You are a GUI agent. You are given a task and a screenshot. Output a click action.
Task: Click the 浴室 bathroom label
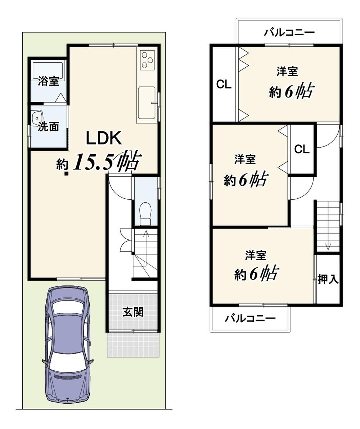coord(48,81)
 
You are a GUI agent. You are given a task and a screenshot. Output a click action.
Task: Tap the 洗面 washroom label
coord(48,126)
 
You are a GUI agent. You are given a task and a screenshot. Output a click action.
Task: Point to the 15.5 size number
coord(93,162)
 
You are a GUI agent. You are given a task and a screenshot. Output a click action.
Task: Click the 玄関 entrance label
coord(133,312)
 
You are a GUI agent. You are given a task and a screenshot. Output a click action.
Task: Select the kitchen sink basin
coord(147,103)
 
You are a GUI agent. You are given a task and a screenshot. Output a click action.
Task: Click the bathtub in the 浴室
coord(48,71)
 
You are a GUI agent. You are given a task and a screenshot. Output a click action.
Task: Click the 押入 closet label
coord(328,279)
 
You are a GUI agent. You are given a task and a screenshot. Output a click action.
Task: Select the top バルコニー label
coord(289,33)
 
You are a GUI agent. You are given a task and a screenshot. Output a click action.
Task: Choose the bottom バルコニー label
coord(250,319)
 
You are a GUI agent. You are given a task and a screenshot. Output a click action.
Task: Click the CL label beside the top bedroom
coord(224,85)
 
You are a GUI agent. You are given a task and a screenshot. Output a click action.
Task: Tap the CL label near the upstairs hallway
coord(302,149)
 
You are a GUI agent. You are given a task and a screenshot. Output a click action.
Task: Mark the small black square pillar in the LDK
coord(66,173)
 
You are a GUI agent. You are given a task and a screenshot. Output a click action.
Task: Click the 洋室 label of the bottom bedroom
coord(256,255)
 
